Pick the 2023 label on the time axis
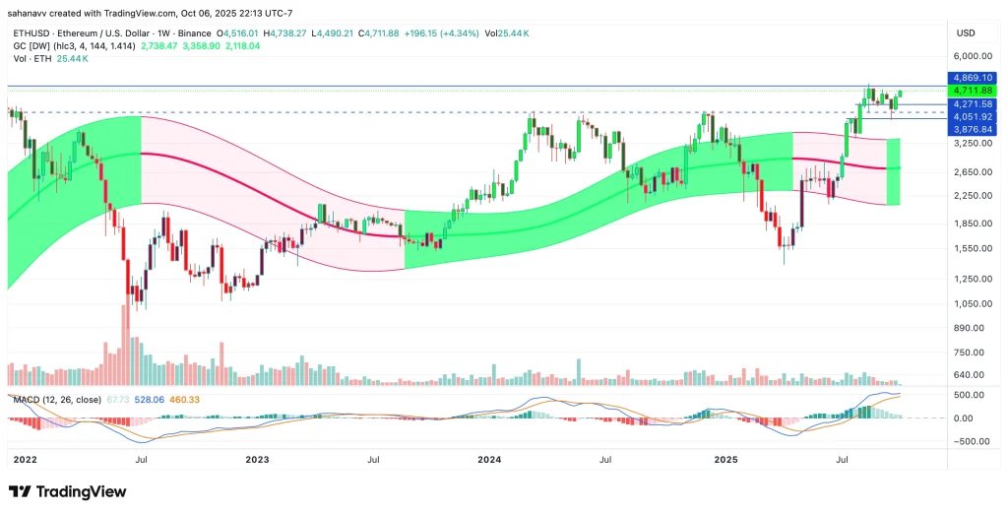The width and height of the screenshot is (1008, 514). pyautogui.click(x=257, y=460)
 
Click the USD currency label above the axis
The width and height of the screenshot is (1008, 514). pyautogui.click(x=965, y=32)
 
